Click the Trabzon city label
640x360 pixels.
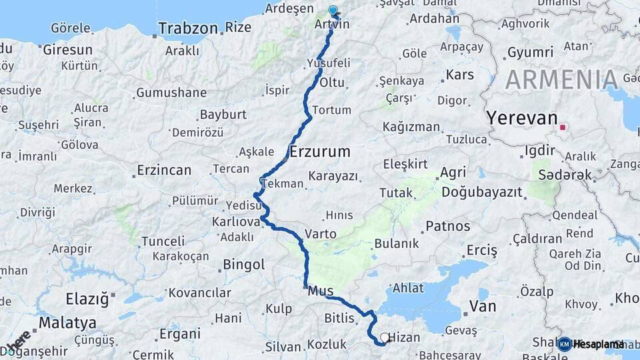(189, 28)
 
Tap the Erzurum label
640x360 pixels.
(320, 152)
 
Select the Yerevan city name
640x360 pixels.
(521, 118)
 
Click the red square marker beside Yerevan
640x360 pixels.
(563, 127)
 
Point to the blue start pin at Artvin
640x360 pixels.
(333, 11)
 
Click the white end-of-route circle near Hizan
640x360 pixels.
(385, 337)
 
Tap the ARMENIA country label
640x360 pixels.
(561, 79)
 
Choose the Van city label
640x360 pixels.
(483, 307)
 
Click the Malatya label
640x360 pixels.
(67, 323)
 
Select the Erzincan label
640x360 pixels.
(164, 171)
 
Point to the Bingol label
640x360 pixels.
(243, 265)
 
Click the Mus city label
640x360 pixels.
(321, 291)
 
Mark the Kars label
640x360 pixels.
(459, 74)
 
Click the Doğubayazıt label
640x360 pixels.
(491, 192)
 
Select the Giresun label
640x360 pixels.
(67, 50)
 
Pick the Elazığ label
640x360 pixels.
(87, 299)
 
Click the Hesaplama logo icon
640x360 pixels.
(564, 344)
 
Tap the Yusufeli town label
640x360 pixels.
(329, 63)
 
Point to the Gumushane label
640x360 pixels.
(171, 93)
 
